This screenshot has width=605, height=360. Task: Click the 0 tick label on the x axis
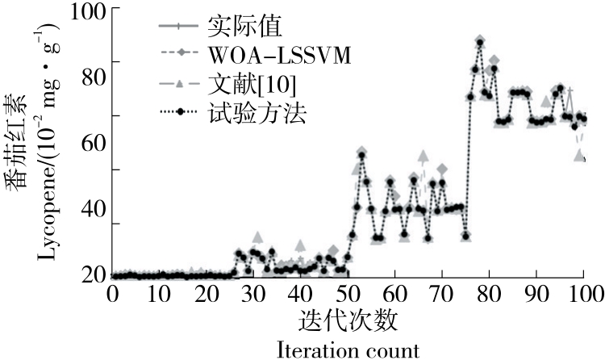pyautogui.click(x=113, y=291)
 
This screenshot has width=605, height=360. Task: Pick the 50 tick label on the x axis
pyautogui.click(x=348, y=291)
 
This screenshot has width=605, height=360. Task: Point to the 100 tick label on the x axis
pyautogui.click(x=582, y=291)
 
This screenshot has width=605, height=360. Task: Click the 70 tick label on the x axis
pyautogui.click(x=441, y=291)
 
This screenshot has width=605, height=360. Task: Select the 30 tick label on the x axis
pyautogui.click(x=253, y=291)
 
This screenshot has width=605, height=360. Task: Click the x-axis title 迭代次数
pyautogui.click(x=348, y=320)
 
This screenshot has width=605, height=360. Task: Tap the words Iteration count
pyautogui.click(x=348, y=350)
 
